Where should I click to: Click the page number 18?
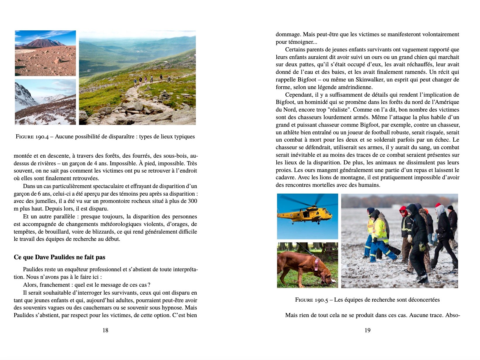[105, 330]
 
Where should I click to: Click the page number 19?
[368, 330]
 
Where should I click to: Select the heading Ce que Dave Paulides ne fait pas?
[59, 257]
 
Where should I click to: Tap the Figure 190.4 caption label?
[32, 137]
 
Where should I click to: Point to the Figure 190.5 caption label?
[312, 300]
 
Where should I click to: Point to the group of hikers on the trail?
[148, 79]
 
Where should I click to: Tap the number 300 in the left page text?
[192, 201]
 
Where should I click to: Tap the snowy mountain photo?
[45, 102]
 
